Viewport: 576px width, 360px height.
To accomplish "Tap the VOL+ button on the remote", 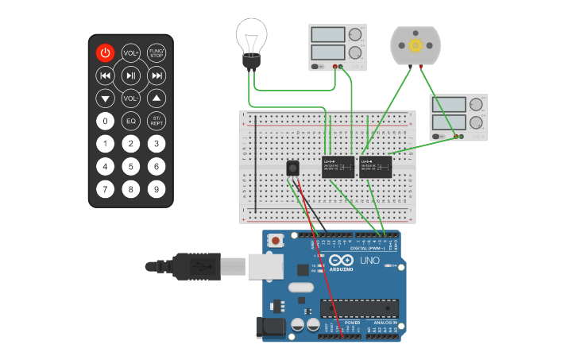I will click(131, 53).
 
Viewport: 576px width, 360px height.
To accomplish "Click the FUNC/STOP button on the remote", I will click(157, 53).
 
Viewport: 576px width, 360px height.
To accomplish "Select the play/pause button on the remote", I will click(131, 76).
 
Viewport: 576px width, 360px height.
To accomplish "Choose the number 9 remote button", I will click(157, 189).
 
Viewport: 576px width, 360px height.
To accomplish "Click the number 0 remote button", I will click(105, 122).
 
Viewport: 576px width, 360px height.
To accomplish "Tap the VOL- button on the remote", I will click(131, 99).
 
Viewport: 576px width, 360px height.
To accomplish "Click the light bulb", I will click(251, 40).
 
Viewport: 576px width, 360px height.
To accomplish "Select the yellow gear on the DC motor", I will click(416, 45).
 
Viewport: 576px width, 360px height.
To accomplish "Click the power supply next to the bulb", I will click(338, 47).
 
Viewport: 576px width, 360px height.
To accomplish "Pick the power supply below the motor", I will click(458, 118).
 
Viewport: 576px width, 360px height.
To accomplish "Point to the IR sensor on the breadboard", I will click(293, 168).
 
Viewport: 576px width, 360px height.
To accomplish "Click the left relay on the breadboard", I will click(338, 167).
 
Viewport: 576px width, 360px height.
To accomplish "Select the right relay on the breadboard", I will click(375, 167).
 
